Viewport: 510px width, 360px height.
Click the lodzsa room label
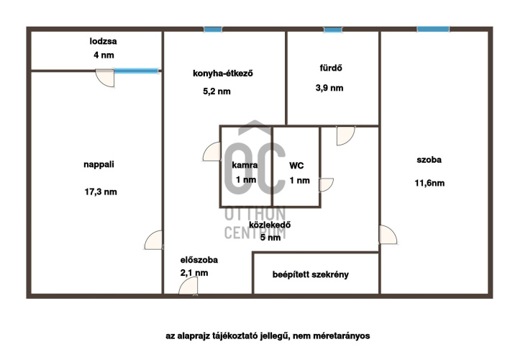click(103, 41)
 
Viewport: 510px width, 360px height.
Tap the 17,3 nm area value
click(101, 192)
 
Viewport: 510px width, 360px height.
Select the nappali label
click(99, 164)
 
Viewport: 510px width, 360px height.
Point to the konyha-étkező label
click(223, 73)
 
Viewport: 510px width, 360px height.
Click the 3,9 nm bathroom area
click(329, 88)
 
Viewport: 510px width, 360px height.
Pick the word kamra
click(245, 165)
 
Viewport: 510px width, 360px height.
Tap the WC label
click(296, 166)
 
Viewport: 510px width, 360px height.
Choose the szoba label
click(429, 160)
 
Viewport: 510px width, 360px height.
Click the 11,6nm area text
click(429, 183)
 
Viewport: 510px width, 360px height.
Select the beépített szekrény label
click(311, 274)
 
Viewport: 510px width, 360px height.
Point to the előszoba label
click(199, 260)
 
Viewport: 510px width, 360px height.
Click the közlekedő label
click(270, 225)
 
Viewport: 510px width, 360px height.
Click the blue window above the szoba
click(433, 30)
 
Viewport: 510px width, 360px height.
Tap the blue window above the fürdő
click(333, 30)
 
